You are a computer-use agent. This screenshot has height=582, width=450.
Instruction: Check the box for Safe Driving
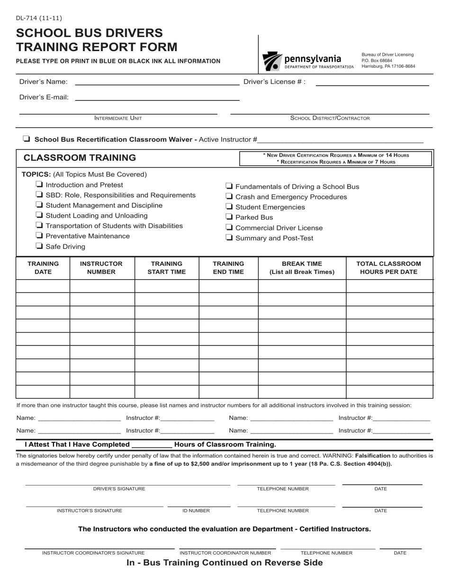coord(40,246)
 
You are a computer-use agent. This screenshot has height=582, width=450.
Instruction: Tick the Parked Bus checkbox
coord(229,217)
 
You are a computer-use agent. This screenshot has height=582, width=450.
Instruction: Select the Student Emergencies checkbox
coord(229,207)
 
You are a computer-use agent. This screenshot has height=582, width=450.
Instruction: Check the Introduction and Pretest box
coord(40,185)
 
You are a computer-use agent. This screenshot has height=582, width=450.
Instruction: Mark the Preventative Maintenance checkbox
coord(40,236)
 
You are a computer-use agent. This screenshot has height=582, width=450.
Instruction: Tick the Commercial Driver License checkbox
coord(229,228)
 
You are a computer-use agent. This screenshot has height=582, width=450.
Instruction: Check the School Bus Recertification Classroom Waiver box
coord(27,139)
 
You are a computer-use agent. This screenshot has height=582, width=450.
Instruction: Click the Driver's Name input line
coord(157,82)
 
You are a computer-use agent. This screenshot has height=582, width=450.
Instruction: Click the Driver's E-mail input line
coord(157,98)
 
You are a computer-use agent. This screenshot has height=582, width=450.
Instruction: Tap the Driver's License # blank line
coord(372,83)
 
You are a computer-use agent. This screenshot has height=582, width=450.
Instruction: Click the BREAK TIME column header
coord(302,268)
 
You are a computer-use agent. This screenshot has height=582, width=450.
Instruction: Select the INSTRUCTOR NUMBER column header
coord(101,268)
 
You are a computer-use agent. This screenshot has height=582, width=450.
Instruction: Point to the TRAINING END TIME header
coord(228,268)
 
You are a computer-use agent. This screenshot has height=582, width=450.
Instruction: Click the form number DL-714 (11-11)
coord(39,18)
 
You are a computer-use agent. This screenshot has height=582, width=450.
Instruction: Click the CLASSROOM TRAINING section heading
coord(80,158)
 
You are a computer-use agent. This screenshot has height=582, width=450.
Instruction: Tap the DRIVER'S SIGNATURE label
coord(119,489)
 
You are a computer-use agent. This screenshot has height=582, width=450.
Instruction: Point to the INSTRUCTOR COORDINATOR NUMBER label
coord(225,553)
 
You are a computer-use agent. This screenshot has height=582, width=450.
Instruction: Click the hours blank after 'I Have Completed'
coord(152,445)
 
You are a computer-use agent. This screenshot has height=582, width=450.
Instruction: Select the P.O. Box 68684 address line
coord(377,61)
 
